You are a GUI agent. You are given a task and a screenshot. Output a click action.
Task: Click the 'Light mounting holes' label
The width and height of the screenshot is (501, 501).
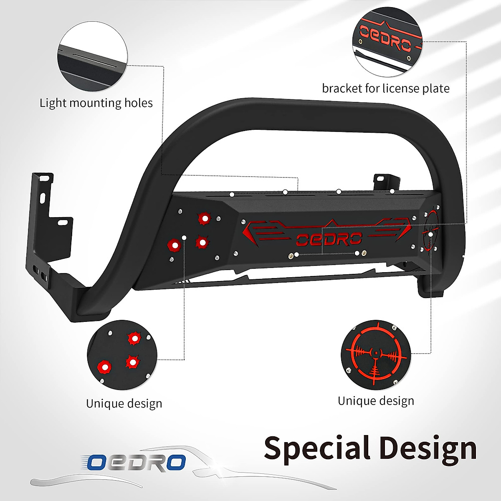[96, 103]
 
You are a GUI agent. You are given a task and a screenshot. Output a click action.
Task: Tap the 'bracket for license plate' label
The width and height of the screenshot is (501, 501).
[385, 89]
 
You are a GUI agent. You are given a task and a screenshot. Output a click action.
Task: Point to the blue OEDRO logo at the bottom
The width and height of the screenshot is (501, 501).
[136, 462]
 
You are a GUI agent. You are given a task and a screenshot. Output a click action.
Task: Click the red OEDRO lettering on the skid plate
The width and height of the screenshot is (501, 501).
[329, 239]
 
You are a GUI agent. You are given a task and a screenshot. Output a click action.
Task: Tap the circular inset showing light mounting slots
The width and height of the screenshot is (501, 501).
[93, 57]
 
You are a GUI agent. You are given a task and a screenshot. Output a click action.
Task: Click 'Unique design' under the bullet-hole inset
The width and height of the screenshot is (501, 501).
[124, 404]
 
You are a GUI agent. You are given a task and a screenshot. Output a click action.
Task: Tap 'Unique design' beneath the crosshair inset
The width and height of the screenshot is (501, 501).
[376, 401]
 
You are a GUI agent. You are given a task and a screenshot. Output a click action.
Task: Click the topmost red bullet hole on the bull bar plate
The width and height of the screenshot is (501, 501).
[205, 218]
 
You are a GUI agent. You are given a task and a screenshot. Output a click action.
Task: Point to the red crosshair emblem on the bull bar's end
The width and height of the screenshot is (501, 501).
[430, 232]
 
